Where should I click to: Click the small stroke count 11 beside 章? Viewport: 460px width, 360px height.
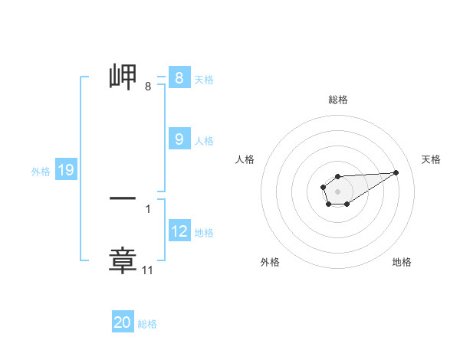(x=148, y=270)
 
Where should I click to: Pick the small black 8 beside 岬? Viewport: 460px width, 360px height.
(x=148, y=87)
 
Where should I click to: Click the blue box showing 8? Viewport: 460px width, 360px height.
(x=179, y=77)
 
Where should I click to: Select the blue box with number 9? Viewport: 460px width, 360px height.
(x=179, y=139)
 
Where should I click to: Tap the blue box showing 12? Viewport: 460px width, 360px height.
(x=179, y=231)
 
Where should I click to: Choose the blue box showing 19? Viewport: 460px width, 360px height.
(x=65, y=170)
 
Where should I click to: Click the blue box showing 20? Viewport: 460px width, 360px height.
(x=123, y=322)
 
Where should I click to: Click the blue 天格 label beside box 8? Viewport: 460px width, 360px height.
(x=204, y=79)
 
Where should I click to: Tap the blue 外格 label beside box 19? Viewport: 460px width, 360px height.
(x=41, y=172)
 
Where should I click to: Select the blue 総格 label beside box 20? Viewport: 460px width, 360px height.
(x=147, y=324)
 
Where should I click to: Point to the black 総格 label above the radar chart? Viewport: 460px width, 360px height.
(x=337, y=100)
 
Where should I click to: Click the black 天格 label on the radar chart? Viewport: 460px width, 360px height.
(x=431, y=159)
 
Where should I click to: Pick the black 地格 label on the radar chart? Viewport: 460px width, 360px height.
(x=402, y=262)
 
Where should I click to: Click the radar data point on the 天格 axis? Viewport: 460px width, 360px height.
(x=396, y=172)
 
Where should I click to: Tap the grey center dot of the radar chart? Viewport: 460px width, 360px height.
(x=337, y=191)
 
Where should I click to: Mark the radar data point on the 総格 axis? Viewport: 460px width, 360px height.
(x=337, y=176)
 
